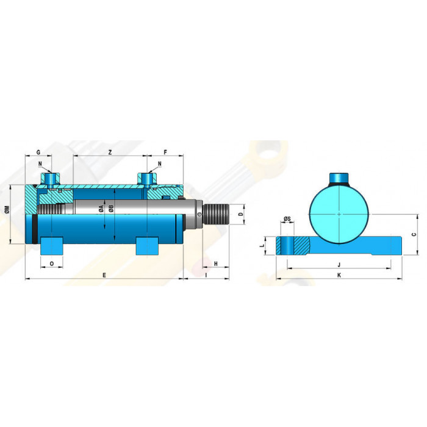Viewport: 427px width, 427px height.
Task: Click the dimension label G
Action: tap(38, 152)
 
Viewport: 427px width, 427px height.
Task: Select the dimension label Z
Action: tap(110, 152)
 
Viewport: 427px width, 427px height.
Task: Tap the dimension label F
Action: tap(165, 152)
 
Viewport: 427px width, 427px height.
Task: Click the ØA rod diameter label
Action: tap(101, 209)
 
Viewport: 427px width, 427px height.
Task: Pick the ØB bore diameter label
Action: tap(111, 209)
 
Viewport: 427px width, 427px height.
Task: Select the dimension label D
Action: tap(240, 214)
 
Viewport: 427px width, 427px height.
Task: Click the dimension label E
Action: tap(104, 275)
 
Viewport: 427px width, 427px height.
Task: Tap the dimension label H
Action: tap(216, 264)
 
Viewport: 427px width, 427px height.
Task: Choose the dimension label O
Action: tap(52, 264)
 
